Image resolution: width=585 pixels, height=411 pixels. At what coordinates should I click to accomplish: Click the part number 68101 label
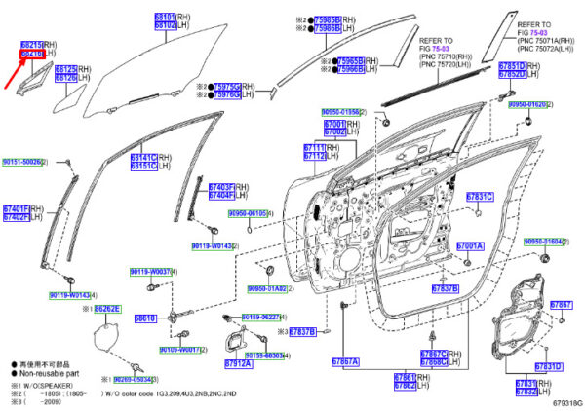pos(164,18)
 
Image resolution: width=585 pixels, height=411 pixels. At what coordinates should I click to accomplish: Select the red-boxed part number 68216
pos(33,55)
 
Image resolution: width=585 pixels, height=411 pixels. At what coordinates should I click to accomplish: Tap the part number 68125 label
pos(65,70)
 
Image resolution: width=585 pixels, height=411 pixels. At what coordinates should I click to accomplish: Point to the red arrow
pos(14,76)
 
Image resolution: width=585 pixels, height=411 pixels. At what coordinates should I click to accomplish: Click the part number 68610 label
pos(144,318)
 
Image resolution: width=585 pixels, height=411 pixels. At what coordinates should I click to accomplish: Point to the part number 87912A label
pos(238,363)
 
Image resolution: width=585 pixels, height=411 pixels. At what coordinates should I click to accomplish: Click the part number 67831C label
pos(479,197)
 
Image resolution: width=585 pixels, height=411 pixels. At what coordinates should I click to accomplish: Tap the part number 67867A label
pos(344,361)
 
